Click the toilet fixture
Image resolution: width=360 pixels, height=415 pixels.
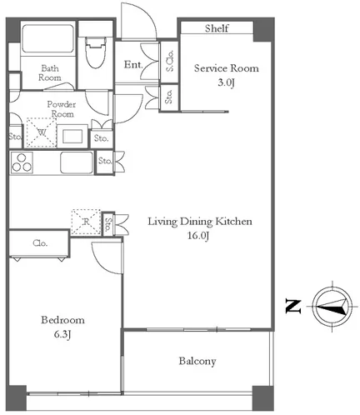point(96,52)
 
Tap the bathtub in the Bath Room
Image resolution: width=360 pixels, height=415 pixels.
point(47,38)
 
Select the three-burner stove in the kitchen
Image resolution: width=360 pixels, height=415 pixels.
point(22,162)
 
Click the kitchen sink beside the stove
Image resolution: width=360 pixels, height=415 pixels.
point(77,162)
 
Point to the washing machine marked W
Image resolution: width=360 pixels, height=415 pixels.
point(42,132)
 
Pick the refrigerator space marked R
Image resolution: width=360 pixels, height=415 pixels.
point(86,222)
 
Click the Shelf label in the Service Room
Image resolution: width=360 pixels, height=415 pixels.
point(217,28)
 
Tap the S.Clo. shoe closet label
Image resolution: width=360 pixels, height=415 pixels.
point(169,61)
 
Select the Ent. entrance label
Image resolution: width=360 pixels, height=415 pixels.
point(133,65)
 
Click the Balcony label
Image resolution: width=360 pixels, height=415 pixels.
point(197,361)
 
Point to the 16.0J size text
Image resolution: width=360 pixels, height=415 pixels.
point(198,236)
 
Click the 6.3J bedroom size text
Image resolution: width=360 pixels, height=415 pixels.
point(62,334)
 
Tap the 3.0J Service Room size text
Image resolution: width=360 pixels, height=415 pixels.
point(226,82)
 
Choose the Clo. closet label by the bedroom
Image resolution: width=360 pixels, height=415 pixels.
point(40,243)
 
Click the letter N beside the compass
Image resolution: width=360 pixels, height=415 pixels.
point(293,307)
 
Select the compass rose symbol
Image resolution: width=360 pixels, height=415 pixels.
point(332,307)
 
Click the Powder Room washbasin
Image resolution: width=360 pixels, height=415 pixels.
point(72,136)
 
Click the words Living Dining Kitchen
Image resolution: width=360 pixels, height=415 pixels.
point(200,222)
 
